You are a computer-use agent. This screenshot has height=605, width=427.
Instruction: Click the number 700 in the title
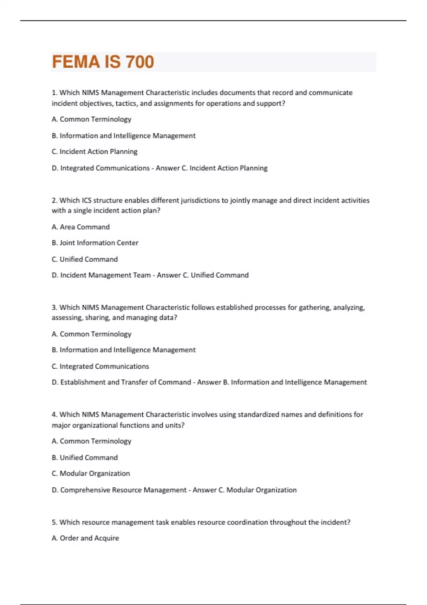pos(139,62)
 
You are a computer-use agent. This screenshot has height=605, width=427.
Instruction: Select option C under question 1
pos(94,152)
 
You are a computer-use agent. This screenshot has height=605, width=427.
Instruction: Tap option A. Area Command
pos(80,227)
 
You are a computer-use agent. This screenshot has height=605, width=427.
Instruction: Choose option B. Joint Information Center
pos(95,243)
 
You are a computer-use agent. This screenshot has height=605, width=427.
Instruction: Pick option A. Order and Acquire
pos(85,538)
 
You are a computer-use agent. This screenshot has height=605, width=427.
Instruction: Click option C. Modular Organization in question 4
pos(91,473)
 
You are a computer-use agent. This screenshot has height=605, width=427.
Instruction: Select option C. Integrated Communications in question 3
pos(100,366)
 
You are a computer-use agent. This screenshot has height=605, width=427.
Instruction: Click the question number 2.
pos(54,200)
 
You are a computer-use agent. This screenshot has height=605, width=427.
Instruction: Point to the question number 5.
pos(54,522)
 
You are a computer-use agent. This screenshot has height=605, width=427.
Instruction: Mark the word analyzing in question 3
pos(348,307)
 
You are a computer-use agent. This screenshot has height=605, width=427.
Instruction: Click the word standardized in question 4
pos(258,415)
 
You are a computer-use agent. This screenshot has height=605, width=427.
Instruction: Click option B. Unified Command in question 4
pos(85,458)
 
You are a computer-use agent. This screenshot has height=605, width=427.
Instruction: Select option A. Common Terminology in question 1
pos(91,119)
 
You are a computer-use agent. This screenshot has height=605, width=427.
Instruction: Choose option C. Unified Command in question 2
pos(85,259)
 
